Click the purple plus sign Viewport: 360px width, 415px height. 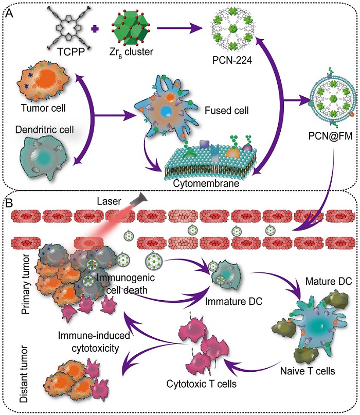94,29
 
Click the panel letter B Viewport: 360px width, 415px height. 9,199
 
